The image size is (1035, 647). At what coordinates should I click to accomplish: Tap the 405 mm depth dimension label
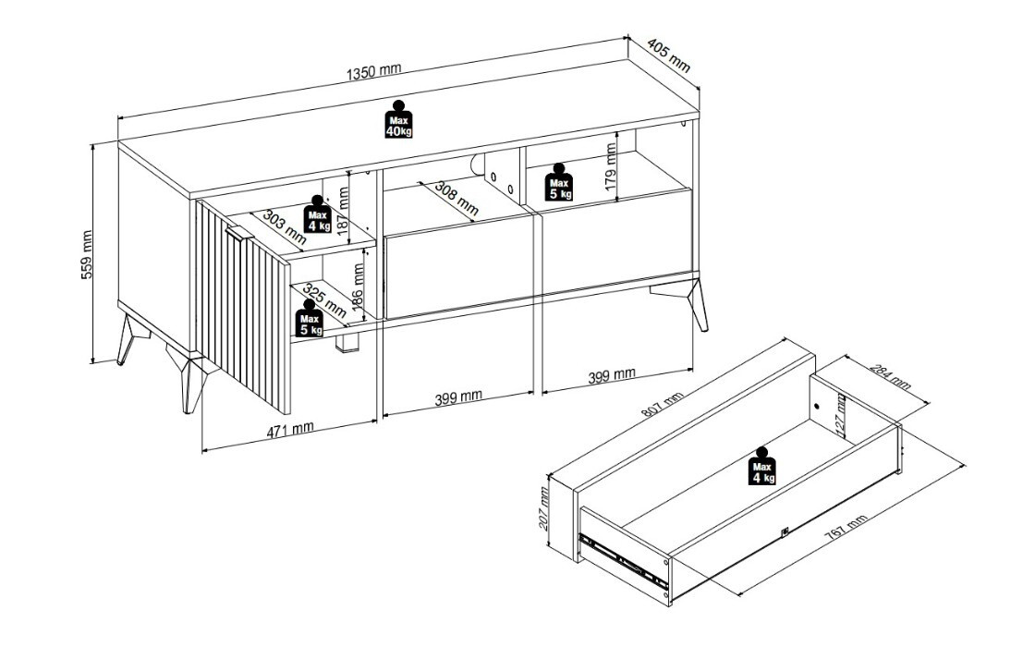(x=669, y=55)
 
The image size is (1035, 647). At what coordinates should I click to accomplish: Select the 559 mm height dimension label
(x=87, y=254)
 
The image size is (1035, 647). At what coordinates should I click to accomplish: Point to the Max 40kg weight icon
(x=398, y=119)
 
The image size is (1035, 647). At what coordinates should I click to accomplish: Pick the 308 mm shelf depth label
(x=457, y=200)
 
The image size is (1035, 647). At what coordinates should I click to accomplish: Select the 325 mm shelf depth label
(x=324, y=301)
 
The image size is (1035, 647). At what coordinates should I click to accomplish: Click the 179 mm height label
(x=611, y=168)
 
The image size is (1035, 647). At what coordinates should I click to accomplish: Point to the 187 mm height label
(x=342, y=210)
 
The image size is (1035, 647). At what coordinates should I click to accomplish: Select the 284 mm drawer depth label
(x=890, y=377)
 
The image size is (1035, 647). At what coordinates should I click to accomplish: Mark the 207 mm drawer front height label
(x=544, y=509)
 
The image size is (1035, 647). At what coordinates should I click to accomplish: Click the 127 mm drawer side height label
(x=841, y=417)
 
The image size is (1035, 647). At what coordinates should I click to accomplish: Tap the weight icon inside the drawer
(x=762, y=466)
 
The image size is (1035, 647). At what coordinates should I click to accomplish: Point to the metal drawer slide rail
(x=623, y=560)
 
